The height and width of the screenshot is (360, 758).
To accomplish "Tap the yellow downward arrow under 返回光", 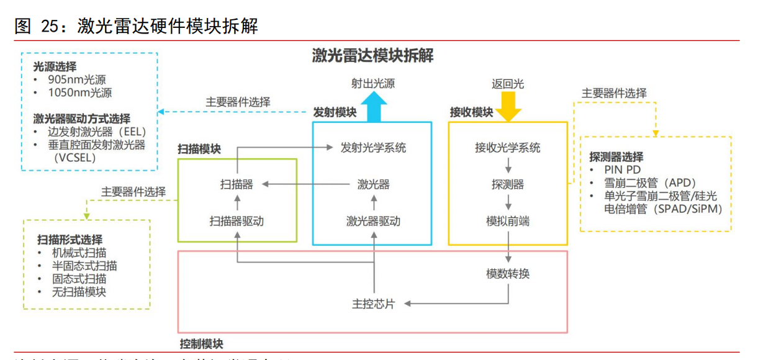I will (x=508, y=106).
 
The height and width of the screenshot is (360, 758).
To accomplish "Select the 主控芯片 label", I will (x=373, y=304).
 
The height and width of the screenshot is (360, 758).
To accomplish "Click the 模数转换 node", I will (x=508, y=274).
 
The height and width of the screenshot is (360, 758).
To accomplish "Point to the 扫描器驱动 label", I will (x=237, y=221).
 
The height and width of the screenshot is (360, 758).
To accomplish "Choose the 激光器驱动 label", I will (x=373, y=221).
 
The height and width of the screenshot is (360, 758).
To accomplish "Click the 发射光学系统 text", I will (x=373, y=148).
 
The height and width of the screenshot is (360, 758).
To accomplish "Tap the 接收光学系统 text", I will (x=508, y=148).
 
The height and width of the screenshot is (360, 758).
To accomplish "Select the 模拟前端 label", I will (x=508, y=221).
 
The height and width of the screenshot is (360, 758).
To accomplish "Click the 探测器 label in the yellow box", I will (x=508, y=184).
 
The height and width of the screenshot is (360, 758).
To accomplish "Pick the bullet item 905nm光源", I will (x=80, y=80).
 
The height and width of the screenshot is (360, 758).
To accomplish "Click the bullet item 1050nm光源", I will (x=80, y=93).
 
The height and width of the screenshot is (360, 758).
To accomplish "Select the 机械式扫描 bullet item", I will (x=79, y=253).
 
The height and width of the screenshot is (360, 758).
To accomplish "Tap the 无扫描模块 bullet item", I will (x=79, y=292).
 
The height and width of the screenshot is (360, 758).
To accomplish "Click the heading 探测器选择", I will (x=616, y=156).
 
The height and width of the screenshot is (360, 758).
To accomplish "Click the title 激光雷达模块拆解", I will (x=372, y=56).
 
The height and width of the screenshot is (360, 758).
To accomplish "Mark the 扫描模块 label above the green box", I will (x=199, y=150).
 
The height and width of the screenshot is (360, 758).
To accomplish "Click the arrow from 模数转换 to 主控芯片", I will (x=459, y=304).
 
